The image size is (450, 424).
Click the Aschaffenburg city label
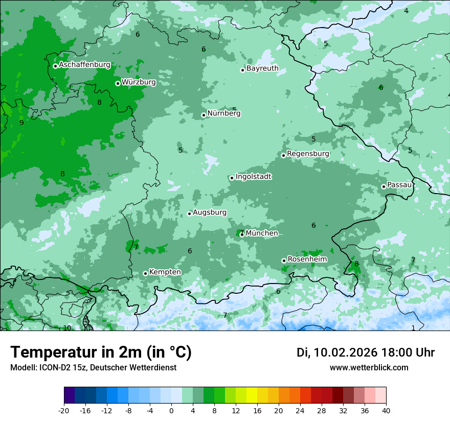click(x=84, y=65)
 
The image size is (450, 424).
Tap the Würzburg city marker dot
click(x=118, y=83)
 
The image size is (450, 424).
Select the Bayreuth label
click(x=262, y=68)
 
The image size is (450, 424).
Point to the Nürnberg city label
click(x=223, y=113)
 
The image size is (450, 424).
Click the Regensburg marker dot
click(x=283, y=155)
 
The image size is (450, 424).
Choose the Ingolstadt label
click(x=253, y=177)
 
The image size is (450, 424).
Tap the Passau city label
click(x=399, y=184)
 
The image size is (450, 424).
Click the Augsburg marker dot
click(x=189, y=214)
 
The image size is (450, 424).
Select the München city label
click(x=262, y=233)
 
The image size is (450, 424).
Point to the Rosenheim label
click(x=307, y=259)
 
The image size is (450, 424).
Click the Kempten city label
click(x=165, y=272)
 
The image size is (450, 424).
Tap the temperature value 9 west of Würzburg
click(x=21, y=123)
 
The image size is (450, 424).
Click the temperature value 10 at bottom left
click(x=67, y=328)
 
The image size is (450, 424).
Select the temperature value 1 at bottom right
click(x=413, y=328)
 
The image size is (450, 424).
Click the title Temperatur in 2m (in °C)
click(x=101, y=352)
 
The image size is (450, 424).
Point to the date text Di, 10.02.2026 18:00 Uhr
click(x=365, y=352)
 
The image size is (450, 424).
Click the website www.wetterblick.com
click(x=369, y=367)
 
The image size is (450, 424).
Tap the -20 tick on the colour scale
click(x=64, y=410)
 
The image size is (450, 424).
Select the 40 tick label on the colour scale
click(x=386, y=410)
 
